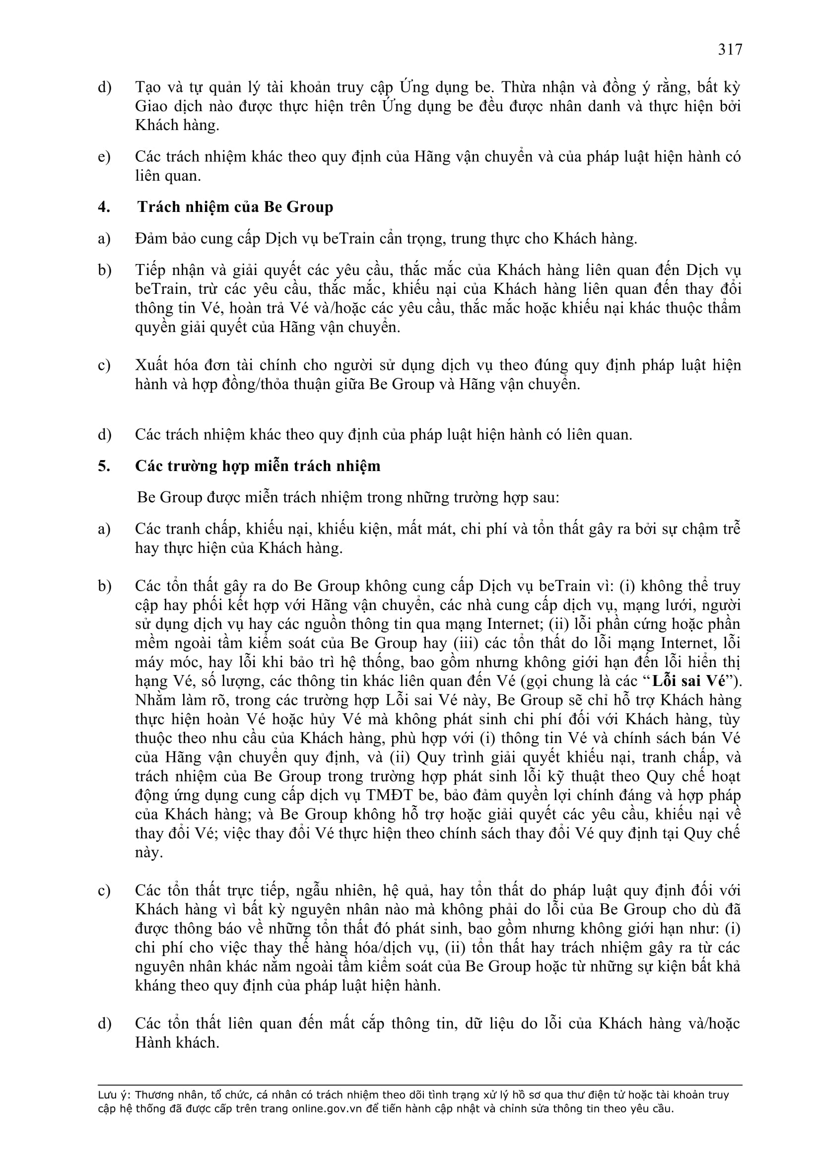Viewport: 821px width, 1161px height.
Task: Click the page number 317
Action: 730,50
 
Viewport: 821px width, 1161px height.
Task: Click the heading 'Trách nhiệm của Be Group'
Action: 235,207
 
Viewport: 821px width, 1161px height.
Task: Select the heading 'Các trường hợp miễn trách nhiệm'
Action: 257,466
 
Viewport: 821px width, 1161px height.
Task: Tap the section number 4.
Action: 104,207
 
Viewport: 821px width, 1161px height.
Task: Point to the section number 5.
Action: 104,466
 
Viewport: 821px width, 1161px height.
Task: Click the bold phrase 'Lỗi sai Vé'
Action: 688,681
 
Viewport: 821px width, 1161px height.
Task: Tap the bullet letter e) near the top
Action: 104,157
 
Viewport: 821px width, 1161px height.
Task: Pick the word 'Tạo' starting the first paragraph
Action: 148,87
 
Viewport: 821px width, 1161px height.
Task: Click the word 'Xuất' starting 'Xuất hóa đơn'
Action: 152,365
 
